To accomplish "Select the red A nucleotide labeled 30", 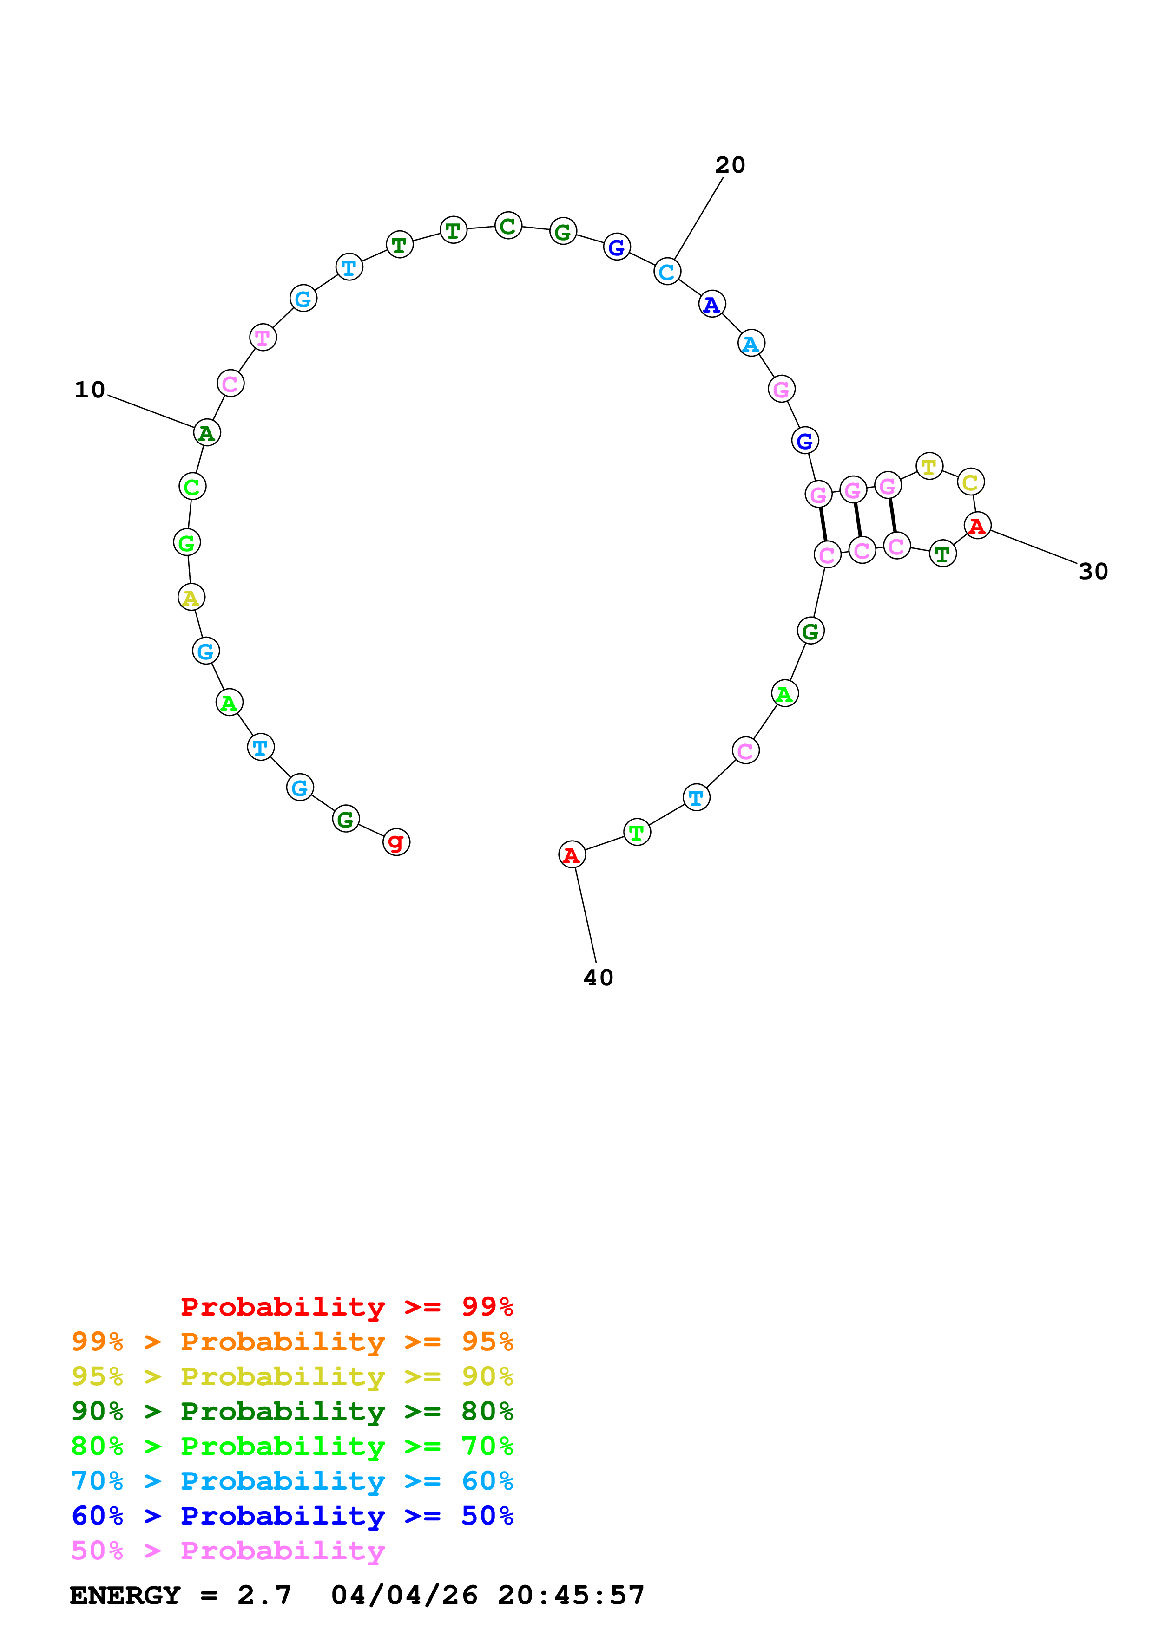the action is click(x=977, y=526).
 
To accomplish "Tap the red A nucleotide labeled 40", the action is click(x=572, y=855).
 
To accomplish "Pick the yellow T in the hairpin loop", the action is click(x=928, y=467).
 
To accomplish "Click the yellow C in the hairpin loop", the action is click(x=970, y=482).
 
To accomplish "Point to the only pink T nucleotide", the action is click(x=263, y=338).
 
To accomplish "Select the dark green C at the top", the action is click(x=507, y=226).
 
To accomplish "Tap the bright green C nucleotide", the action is click(x=191, y=487).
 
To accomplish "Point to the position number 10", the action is click(x=89, y=390).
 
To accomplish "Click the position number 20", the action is click(x=730, y=165).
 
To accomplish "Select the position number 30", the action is click(x=1093, y=571).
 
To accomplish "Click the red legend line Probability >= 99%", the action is click(x=346, y=1306).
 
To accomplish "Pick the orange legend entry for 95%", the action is click(x=292, y=1341).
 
